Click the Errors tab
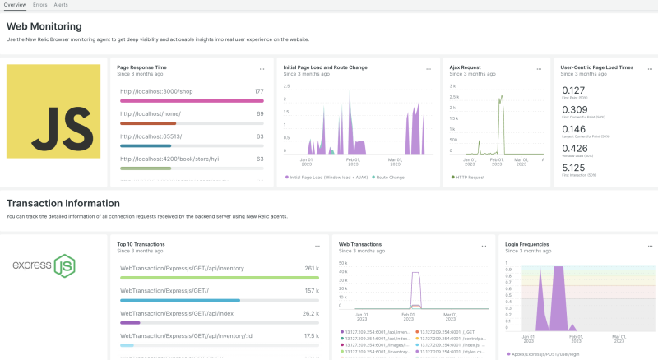click(x=39, y=5)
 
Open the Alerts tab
click(x=61, y=5)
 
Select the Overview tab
click(x=15, y=5)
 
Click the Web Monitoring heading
click(x=44, y=26)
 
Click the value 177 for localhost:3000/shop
click(x=258, y=91)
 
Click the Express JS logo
click(x=44, y=265)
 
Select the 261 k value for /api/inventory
click(x=311, y=268)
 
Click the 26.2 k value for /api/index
click(x=310, y=313)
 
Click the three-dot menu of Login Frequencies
click(x=644, y=245)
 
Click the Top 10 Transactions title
click(x=141, y=244)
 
